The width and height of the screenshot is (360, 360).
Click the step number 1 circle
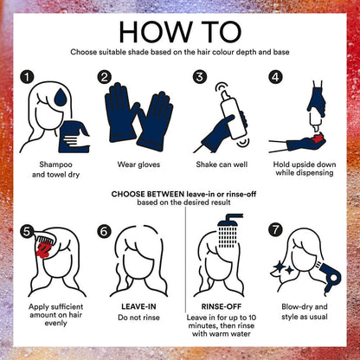tap(27, 77)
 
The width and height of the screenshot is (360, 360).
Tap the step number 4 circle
tap(275, 77)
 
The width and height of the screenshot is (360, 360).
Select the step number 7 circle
tap(275, 230)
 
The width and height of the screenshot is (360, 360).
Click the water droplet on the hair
tap(61, 97)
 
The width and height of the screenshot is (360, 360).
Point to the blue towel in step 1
tap(74, 137)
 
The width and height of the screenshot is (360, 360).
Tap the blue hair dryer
tap(329, 275)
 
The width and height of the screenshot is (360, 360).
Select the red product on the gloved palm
tap(317, 138)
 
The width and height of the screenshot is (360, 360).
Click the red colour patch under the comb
tap(43, 249)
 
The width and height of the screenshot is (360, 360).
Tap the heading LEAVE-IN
tap(138, 306)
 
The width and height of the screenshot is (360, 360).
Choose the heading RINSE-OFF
tap(222, 306)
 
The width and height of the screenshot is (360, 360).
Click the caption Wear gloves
tap(138, 164)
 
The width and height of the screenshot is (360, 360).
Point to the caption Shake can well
tap(222, 164)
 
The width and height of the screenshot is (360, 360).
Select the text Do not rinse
tap(138, 318)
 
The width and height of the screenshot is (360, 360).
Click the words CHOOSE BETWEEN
tap(148, 194)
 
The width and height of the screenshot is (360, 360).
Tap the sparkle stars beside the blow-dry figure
tap(284, 268)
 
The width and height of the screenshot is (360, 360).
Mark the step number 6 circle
tap(104, 231)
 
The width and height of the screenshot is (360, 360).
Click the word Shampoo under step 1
tap(55, 165)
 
